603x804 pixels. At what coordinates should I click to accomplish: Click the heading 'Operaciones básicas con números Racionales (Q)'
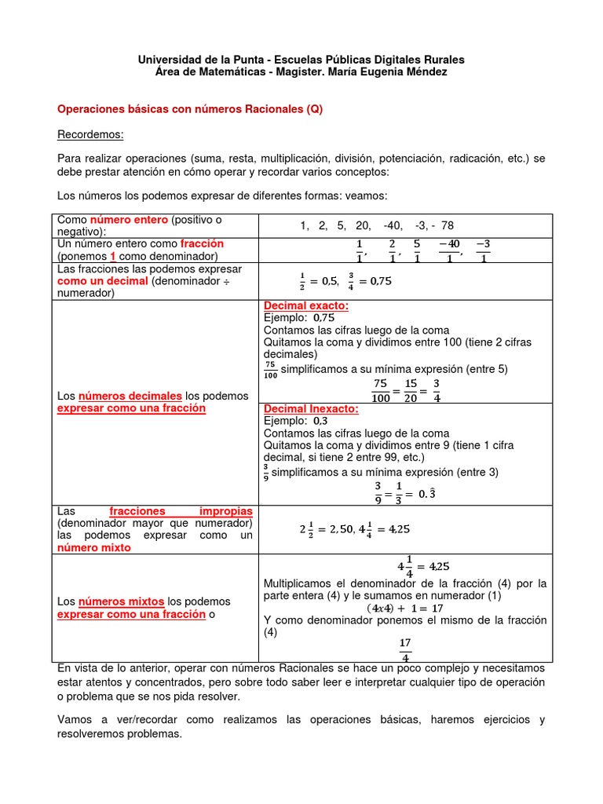(x=190, y=110)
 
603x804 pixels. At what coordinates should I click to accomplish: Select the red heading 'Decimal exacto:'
(x=306, y=305)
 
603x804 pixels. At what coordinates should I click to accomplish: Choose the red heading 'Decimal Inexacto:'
(x=311, y=409)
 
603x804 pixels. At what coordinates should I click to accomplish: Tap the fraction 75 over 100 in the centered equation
(x=381, y=390)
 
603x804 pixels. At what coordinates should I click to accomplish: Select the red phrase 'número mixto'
(x=93, y=548)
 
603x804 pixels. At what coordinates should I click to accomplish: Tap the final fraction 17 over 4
(x=405, y=649)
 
